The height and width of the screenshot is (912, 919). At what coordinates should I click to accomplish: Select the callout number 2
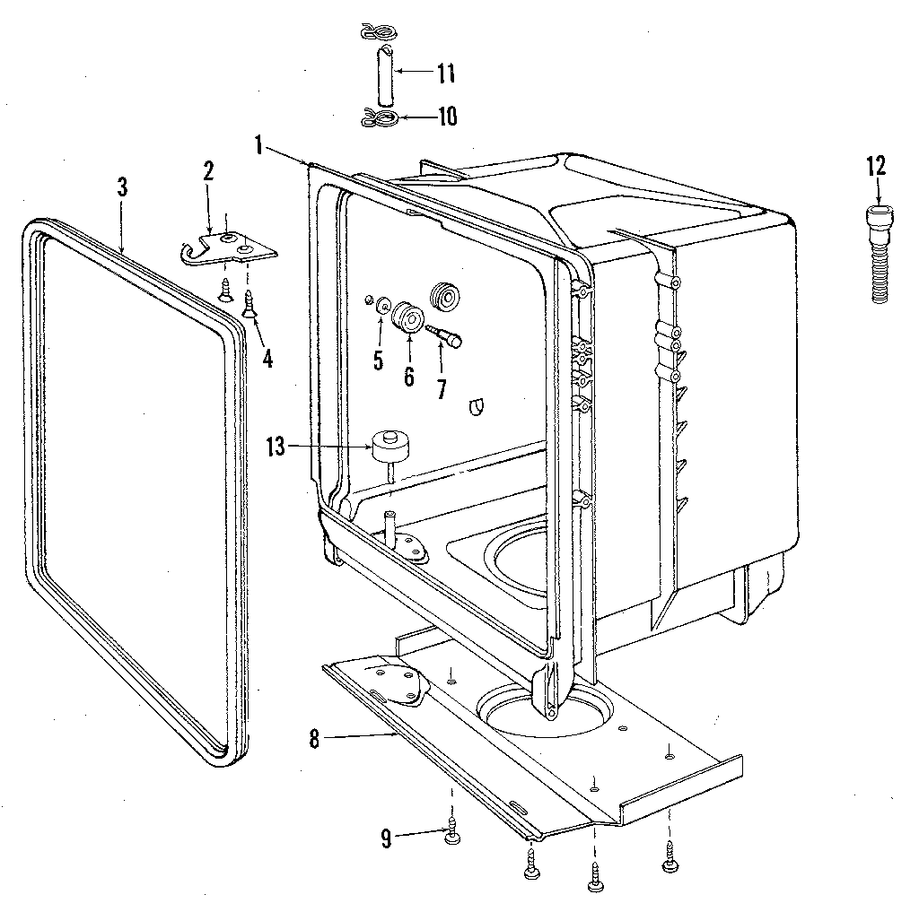tap(208, 171)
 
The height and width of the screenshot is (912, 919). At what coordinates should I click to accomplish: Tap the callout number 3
tap(122, 187)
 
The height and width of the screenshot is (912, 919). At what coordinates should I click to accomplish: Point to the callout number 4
tap(267, 358)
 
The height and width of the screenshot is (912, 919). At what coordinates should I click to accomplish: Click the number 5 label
tap(378, 361)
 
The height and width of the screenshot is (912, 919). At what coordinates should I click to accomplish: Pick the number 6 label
tap(409, 376)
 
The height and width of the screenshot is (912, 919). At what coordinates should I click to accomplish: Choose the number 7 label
tap(441, 388)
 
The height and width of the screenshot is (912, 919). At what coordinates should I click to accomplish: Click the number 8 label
tap(313, 740)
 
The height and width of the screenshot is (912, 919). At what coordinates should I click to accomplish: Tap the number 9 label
tap(386, 839)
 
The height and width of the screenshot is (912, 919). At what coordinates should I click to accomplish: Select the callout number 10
tap(446, 117)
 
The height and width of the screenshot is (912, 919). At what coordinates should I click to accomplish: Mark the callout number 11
tap(446, 74)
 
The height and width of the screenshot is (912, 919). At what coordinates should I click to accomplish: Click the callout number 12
tap(876, 165)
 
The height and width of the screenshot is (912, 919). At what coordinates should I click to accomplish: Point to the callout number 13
tap(277, 446)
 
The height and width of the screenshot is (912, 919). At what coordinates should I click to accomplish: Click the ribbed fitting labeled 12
tap(880, 256)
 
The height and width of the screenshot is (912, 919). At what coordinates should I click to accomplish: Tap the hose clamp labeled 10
tap(378, 117)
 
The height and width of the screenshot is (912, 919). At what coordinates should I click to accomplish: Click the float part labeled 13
tap(390, 444)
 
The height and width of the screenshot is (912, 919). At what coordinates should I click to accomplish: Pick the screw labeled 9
tap(452, 833)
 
